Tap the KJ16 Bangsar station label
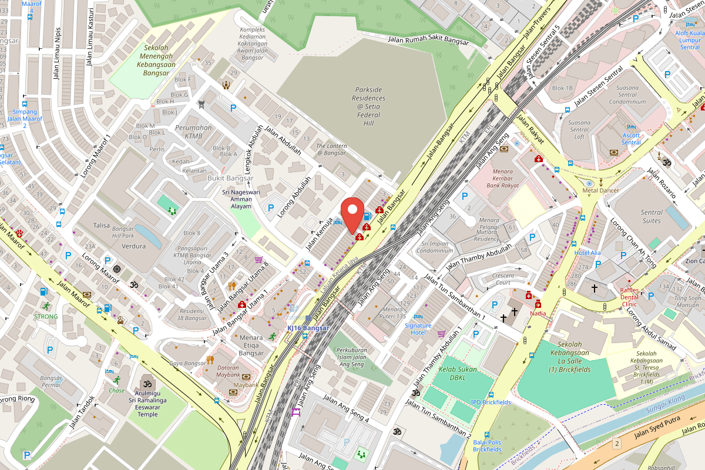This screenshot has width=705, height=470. [308, 328]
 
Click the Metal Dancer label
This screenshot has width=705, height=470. [600, 191]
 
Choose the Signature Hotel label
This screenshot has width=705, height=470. [418, 329]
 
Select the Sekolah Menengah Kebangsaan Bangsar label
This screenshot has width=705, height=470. [153, 61]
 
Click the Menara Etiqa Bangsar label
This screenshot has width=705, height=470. [251, 345]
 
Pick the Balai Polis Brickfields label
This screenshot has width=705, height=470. [488, 445]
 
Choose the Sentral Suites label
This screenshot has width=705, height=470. [652, 217]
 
